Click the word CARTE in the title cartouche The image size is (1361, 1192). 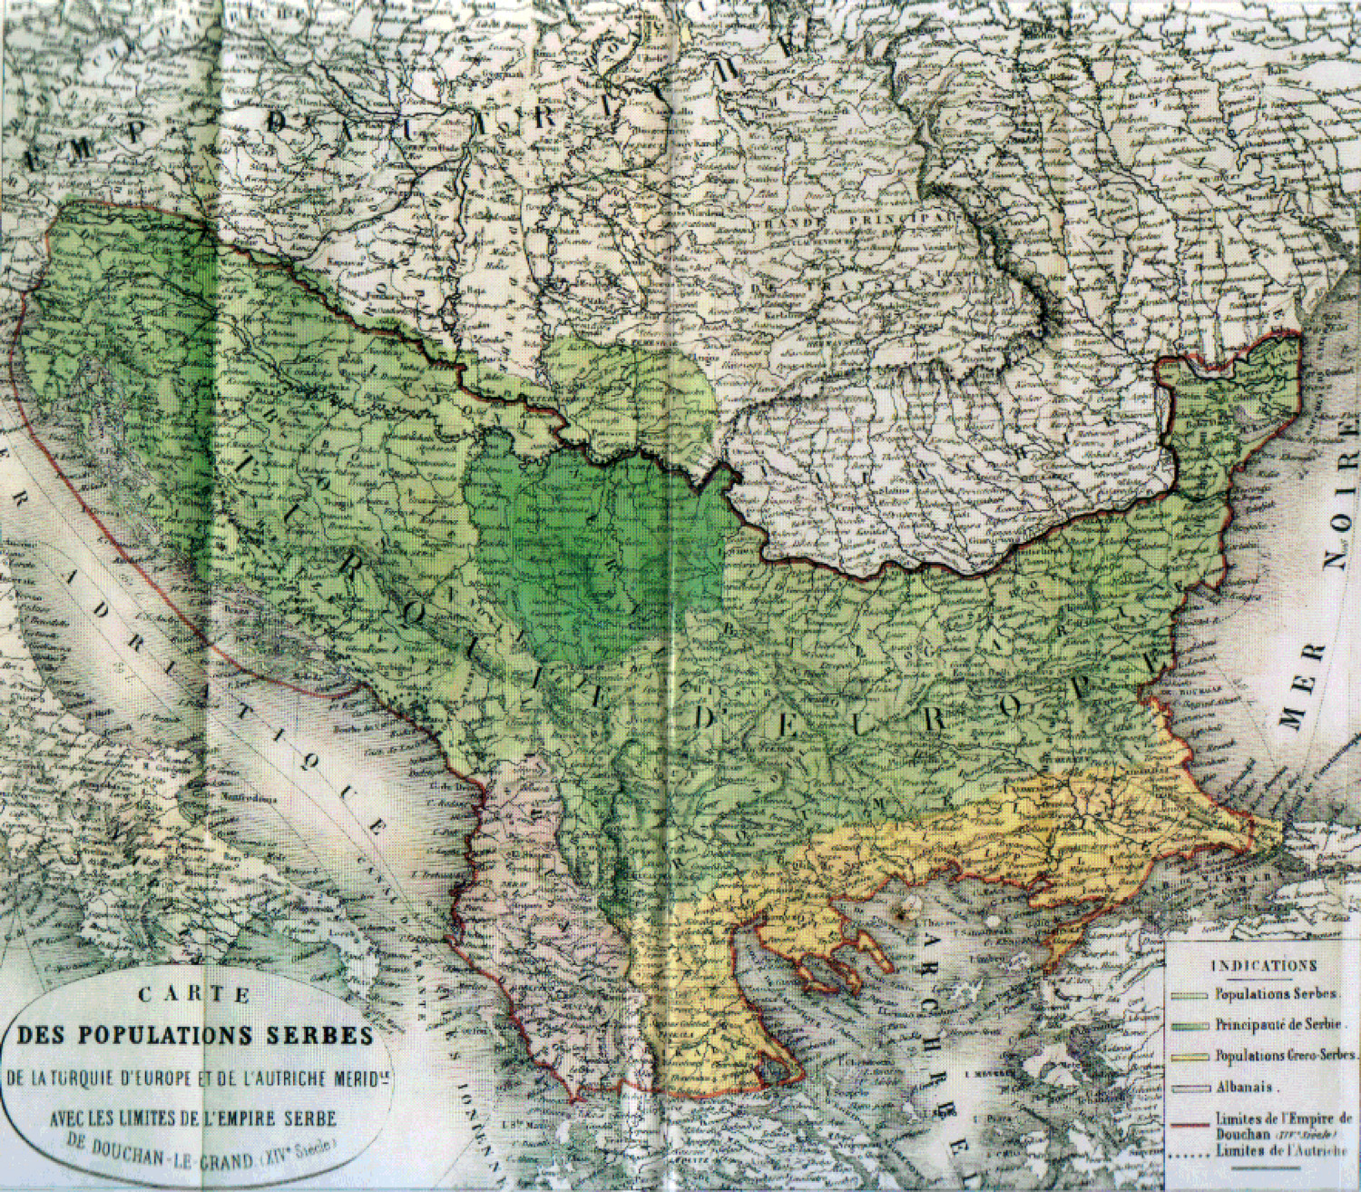point(193,994)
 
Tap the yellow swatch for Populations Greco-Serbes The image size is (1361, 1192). point(1190,1056)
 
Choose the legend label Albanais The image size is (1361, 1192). point(1247,1087)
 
